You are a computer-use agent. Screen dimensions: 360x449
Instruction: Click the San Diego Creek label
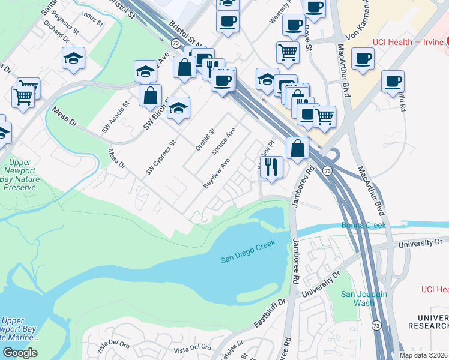[247, 251]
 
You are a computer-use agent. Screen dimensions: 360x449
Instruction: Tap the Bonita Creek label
[364, 225]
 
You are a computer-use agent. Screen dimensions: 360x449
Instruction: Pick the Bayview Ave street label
[217, 174]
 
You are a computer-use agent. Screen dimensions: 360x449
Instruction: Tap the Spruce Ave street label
[223, 142]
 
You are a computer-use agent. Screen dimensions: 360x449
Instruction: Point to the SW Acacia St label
[113, 118]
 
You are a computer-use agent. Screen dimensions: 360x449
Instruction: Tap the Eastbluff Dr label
[265, 313]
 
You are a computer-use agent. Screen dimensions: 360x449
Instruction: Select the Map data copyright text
[424, 355]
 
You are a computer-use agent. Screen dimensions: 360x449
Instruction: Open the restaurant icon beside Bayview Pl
[271, 167]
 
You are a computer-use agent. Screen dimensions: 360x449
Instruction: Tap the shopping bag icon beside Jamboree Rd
[297, 148]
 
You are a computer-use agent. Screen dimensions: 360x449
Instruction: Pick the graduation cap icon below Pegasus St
[73, 58]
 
